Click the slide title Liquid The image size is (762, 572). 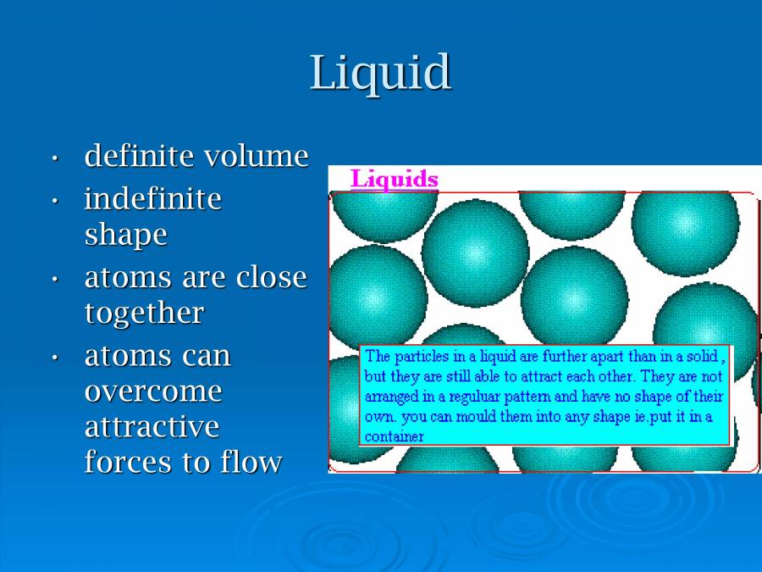click(380, 73)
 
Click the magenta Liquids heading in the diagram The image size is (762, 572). click(395, 180)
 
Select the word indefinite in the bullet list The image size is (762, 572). click(152, 200)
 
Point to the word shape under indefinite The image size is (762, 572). click(125, 236)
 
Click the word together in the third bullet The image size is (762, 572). click(144, 314)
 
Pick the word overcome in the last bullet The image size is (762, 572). click(153, 392)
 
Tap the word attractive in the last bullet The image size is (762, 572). click(152, 426)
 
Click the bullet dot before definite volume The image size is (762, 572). click(55, 158)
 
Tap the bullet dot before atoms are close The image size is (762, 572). click(55, 279)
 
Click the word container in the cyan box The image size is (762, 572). click(394, 437)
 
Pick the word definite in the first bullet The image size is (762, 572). click(127, 157)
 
